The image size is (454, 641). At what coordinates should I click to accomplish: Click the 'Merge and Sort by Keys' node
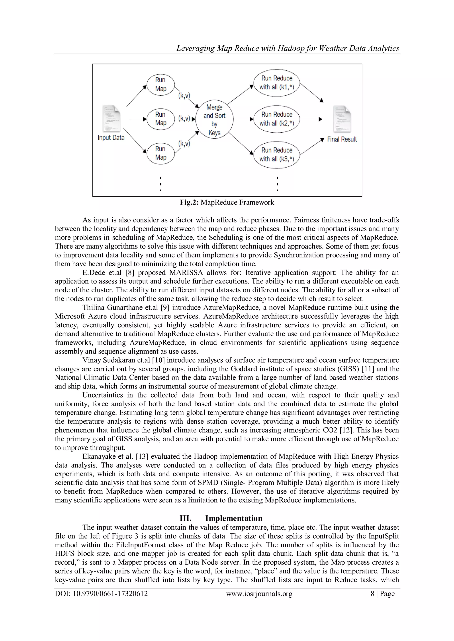214,120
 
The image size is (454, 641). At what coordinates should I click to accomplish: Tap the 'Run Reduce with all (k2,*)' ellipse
276,119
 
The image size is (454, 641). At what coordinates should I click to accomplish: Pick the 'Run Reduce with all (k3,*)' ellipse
276,155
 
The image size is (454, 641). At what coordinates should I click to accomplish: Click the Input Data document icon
111,119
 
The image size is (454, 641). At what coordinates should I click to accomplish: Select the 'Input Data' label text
111,138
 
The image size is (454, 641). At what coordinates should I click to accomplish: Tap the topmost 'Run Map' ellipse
160,84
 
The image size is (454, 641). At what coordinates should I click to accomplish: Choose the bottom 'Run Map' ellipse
160,153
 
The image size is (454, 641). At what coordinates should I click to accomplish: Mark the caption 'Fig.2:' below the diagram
189,202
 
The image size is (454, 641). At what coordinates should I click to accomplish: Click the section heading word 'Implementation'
234,518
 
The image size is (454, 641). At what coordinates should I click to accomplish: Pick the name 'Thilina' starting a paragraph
94,307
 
